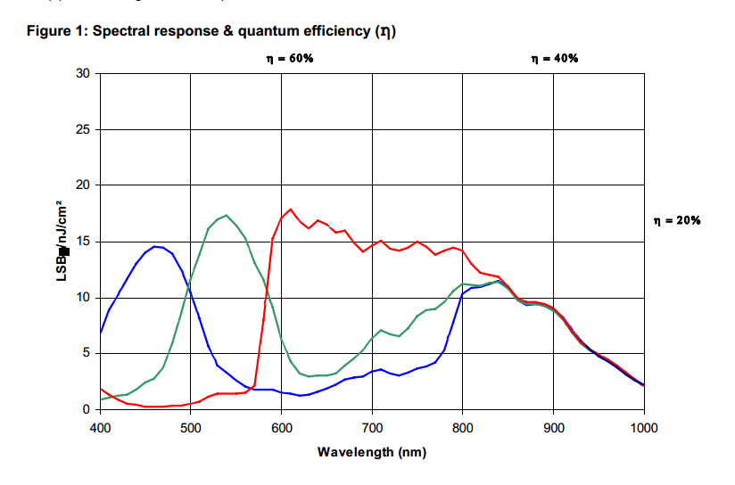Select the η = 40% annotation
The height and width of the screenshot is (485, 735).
(555, 58)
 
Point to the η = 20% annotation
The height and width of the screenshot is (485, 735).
(677, 220)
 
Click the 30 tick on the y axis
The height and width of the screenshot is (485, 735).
(83, 73)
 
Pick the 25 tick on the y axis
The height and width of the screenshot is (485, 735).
(83, 129)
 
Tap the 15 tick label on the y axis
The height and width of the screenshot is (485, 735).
(83, 242)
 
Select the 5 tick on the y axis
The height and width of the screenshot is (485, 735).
(87, 354)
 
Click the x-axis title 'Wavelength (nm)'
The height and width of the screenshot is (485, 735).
(372, 452)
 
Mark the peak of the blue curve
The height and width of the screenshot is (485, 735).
(155, 246)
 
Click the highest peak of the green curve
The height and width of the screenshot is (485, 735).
(227, 215)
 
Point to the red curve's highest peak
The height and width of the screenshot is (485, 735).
(291, 209)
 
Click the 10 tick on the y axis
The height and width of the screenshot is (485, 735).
(83, 298)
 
